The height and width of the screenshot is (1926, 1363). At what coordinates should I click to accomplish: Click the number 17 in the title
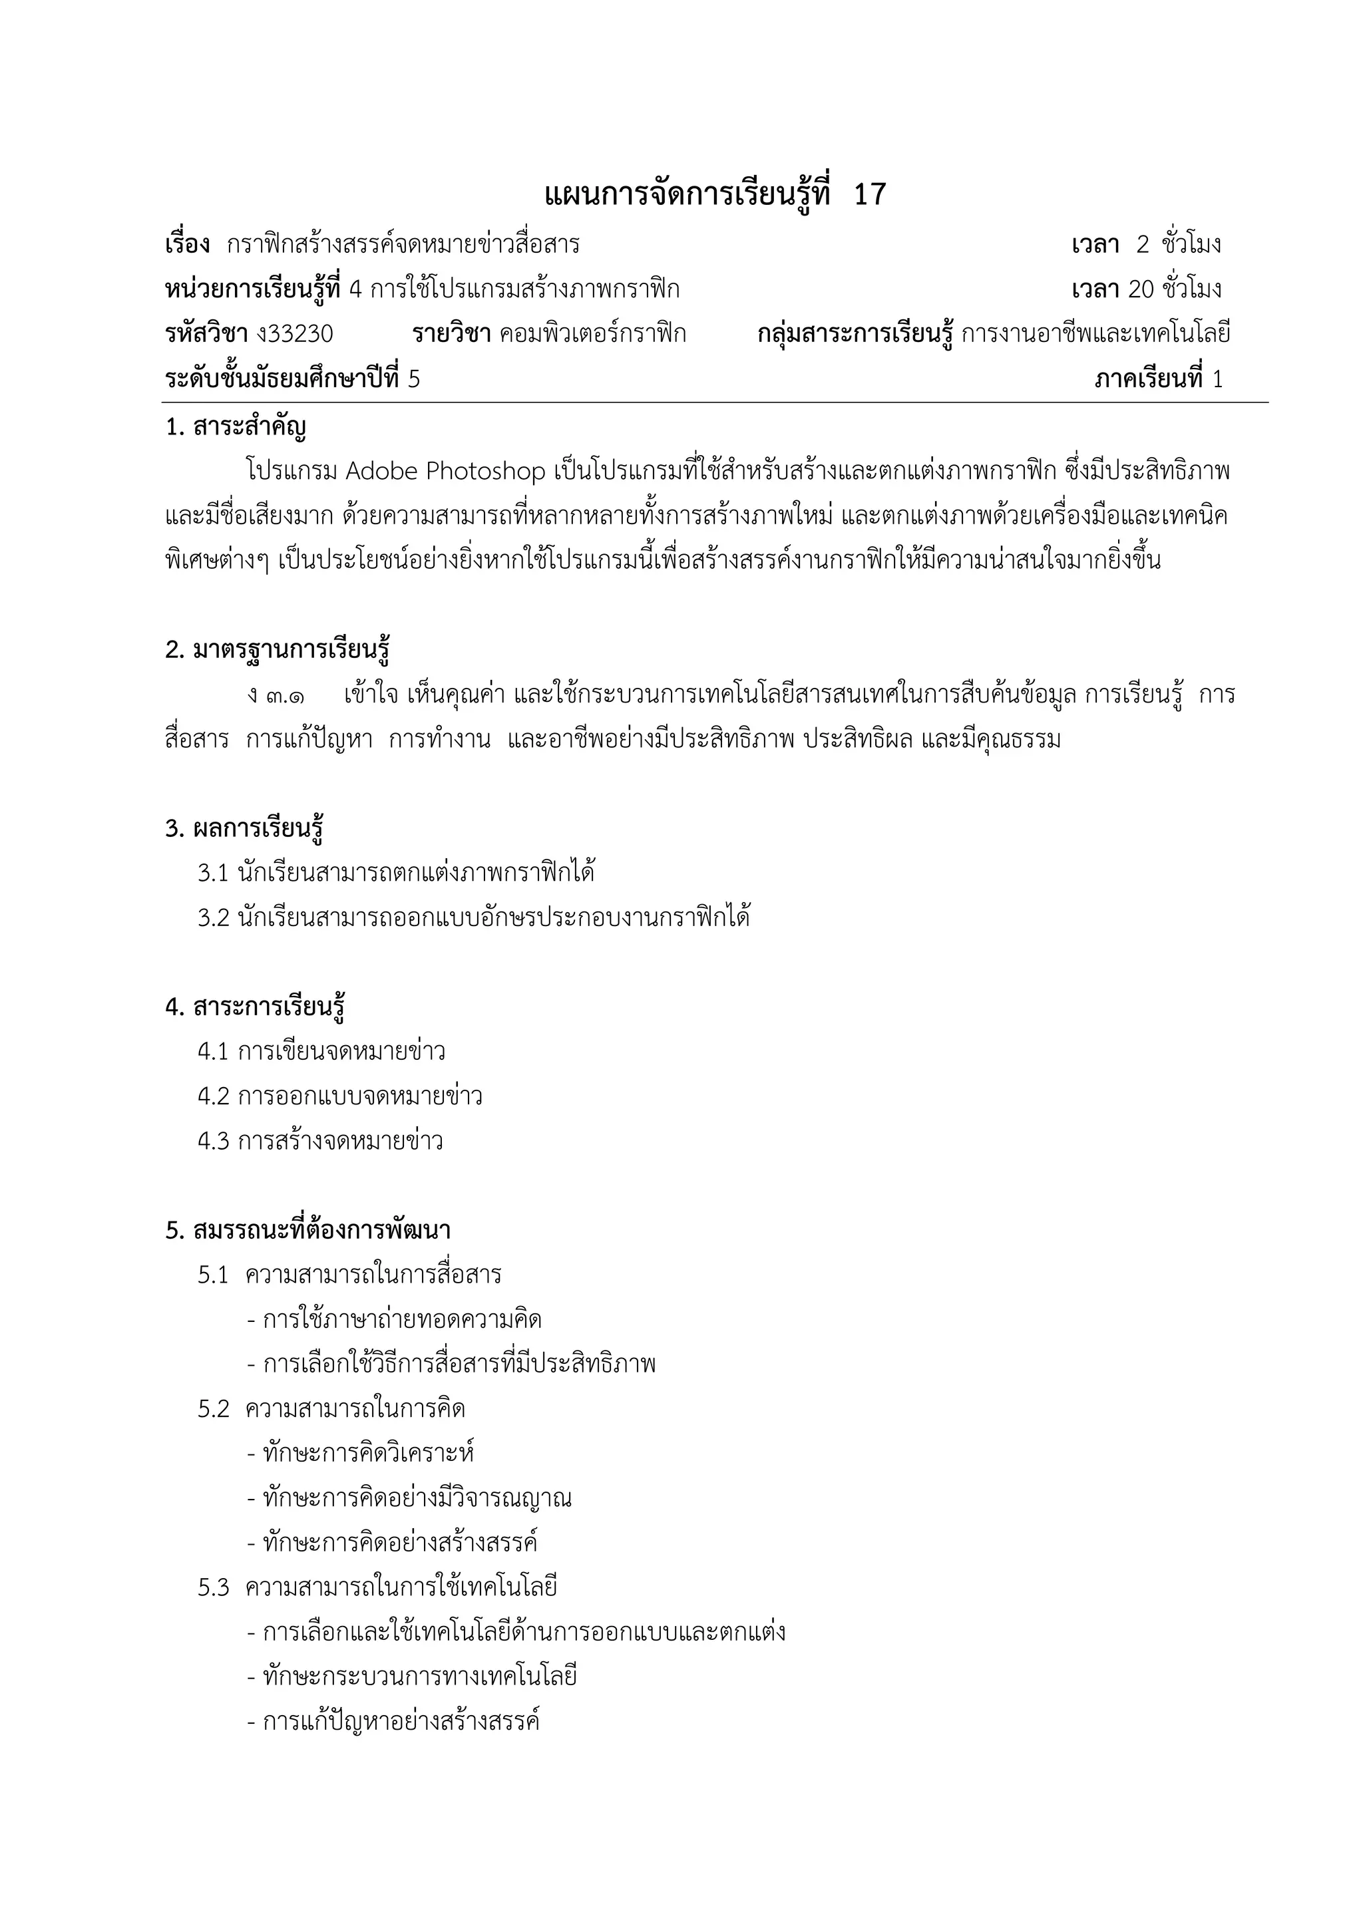(x=869, y=195)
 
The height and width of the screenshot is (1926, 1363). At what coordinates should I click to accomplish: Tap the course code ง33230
(x=295, y=334)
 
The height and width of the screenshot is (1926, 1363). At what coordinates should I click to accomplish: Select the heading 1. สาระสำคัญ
(x=236, y=428)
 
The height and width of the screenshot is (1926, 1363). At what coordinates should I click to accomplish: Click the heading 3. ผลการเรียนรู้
(x=244, y=829)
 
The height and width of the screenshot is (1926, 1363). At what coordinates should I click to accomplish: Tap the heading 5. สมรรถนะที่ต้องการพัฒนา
(x=308, y=1231)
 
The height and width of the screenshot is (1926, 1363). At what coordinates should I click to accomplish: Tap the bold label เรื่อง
(x=187, y=245)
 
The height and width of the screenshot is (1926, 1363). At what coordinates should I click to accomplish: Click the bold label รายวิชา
(x=451, y=334)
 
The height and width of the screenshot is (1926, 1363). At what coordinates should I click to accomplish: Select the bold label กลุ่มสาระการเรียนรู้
(x=855, y=334)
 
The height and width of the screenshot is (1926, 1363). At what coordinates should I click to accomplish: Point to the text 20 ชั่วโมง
(x=1175, y=289)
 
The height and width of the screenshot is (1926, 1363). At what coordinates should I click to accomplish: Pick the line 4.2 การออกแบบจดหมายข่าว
(x=340, y=1097)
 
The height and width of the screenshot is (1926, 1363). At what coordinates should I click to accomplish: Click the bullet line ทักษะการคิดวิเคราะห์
(x=361, y=1454)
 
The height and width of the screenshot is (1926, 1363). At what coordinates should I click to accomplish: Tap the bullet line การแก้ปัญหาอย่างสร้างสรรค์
(x=393, y=1721)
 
